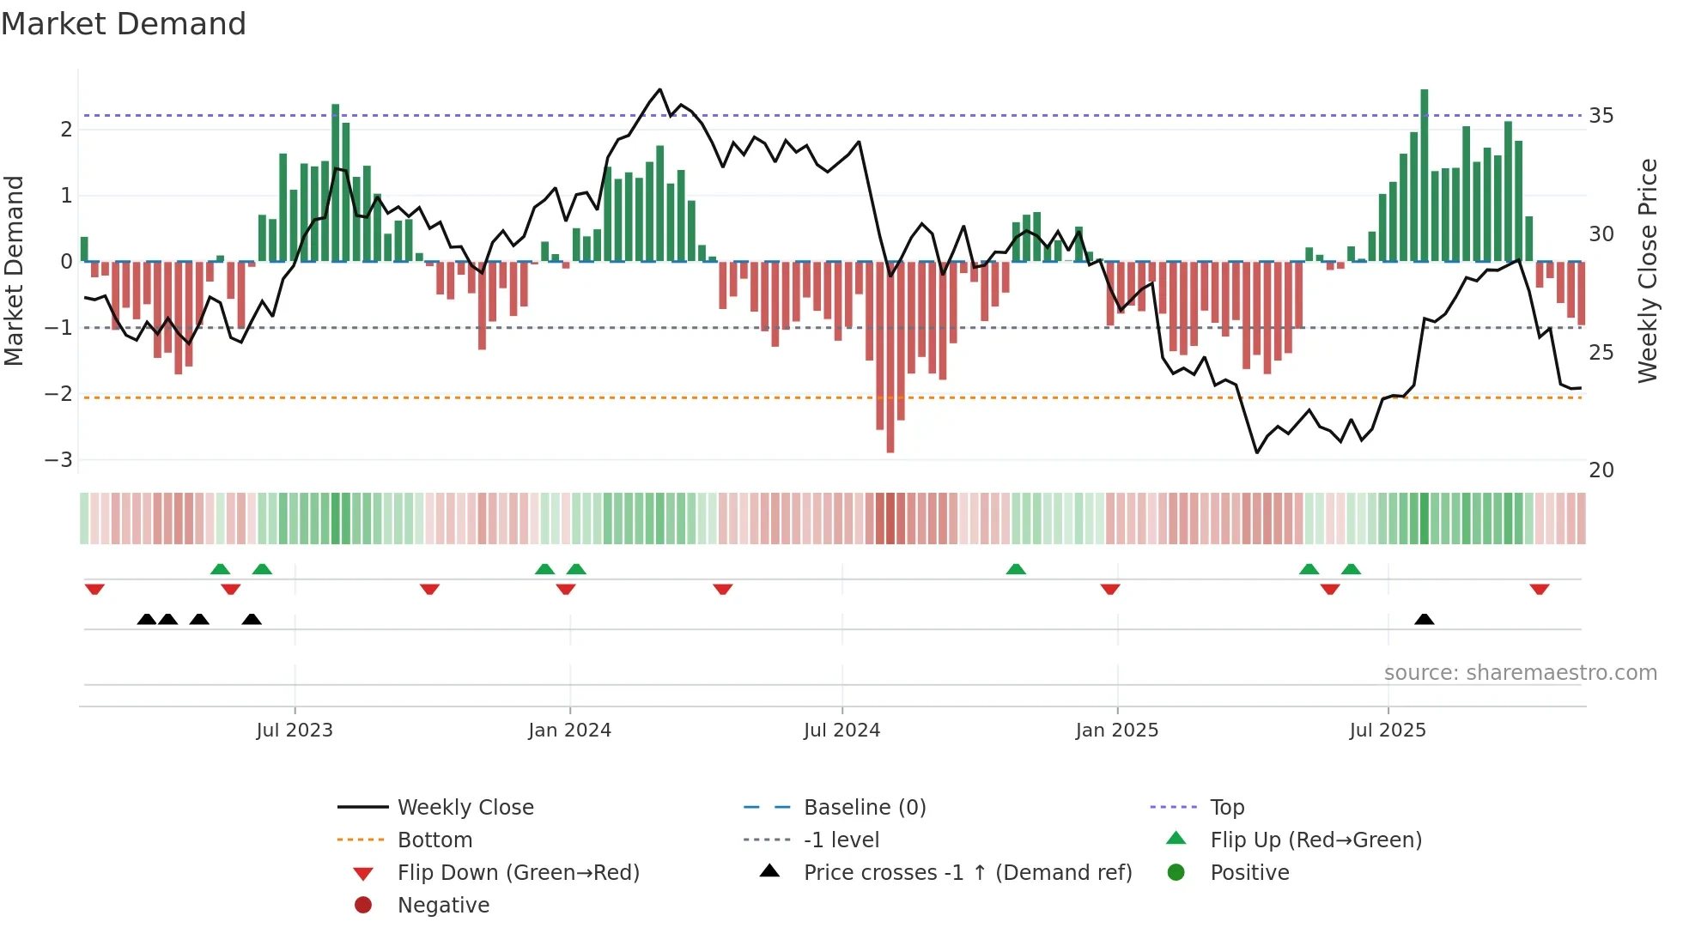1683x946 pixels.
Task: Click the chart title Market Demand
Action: tap(124, 24)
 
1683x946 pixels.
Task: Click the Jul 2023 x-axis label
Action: tap(295, 731)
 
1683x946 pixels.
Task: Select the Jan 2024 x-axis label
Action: tap(569, 731)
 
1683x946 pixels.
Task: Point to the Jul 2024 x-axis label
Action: tap(841, 731)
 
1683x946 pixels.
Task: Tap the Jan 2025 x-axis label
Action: tap(1116, 731)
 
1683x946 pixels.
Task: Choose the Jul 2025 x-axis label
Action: tap(1388, 731)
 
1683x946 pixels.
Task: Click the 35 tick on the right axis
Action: tap(1601, 116)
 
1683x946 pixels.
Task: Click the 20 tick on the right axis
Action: tap(1601, 470)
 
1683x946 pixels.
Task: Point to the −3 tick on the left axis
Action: tap(58, 460)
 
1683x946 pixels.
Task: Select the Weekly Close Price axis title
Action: tap(1647, 270)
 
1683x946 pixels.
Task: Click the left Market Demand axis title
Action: tap(14, 270)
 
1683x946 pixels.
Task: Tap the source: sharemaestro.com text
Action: tap(1520, 673)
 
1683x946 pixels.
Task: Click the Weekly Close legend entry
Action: tap(465, 808)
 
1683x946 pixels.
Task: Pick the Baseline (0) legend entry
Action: tap(865, 808)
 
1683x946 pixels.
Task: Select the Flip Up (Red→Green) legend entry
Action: tap(1315, 840)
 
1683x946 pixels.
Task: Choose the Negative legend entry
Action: tap(443, 906)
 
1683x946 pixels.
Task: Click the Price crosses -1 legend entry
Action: tap(968, 873)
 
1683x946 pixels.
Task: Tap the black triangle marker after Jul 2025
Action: tap(1425, 619)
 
